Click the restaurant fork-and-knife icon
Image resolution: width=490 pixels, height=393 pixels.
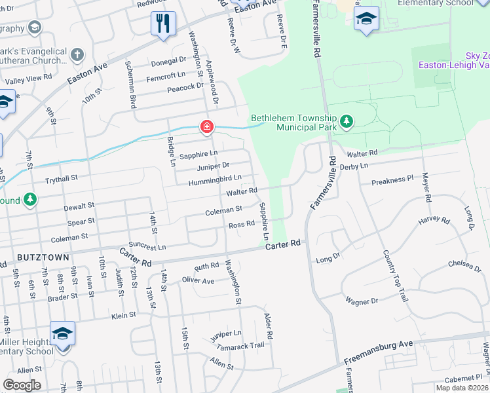[x=162, y=24]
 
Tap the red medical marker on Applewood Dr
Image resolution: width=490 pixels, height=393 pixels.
[x=206, y=126]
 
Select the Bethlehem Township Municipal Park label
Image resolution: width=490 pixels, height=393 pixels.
[x=293, y=122]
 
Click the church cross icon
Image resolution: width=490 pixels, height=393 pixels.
[x=77, y=55]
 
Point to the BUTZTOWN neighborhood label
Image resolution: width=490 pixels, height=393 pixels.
[x=43, y=257]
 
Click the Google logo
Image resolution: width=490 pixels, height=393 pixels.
[x=22, y=385]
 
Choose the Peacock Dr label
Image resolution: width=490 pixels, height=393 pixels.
[x=185, y=87]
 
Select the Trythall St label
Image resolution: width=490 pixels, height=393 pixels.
[x=61, y=178]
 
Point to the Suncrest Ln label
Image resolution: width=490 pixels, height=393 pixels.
[x=148, y=247]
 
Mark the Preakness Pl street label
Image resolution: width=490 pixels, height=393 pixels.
[x=392, y=178]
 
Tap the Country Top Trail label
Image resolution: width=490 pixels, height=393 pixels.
[x=396, y=275]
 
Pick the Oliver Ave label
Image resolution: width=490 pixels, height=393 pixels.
[x=198, y=280]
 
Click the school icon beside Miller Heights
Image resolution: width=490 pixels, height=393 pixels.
[x=62, y=334]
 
